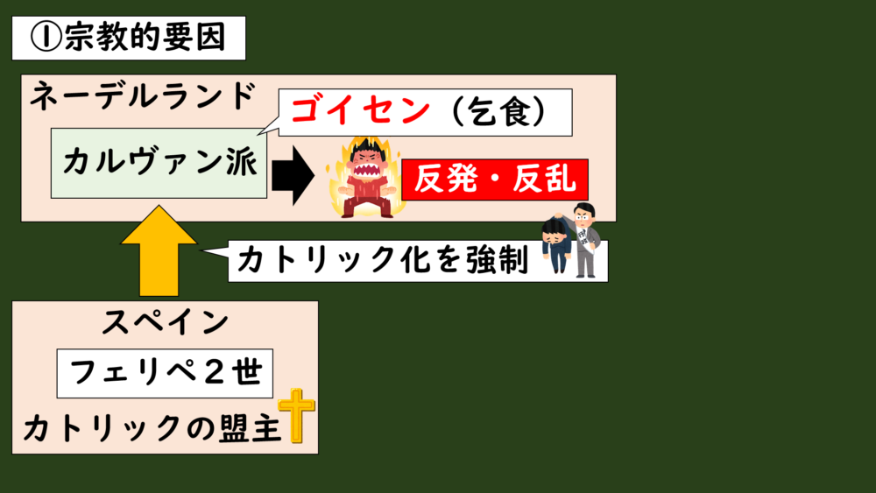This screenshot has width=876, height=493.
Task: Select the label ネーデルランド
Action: point(143,97)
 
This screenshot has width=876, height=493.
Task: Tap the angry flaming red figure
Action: point(361,178)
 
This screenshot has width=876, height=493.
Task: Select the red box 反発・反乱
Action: point(494,180)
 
